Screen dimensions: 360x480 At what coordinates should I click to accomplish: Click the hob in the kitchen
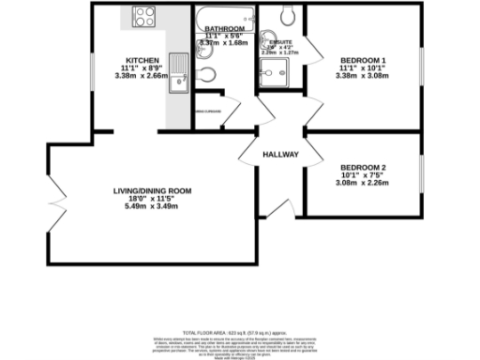click(145, 16)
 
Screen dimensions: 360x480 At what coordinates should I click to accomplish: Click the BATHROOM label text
click(225, 29)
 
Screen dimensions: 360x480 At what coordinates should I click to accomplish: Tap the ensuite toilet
click(288, 15)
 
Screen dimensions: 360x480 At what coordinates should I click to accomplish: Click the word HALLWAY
click(279, 155)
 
